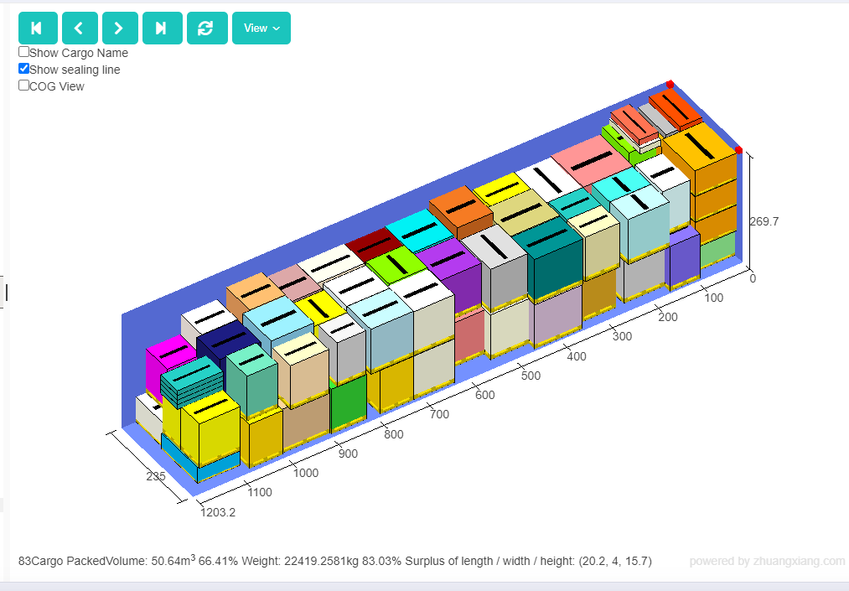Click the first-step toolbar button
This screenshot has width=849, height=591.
point(38,29)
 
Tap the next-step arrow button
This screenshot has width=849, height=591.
point(120,29)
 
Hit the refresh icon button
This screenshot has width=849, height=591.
point(207,29)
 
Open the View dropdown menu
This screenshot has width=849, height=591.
point(261,29)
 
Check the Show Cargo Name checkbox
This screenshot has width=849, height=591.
point(23,52)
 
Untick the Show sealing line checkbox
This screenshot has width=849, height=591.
point(23,69)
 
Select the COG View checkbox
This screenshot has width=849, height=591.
point(23,86)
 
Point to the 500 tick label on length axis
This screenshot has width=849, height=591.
point(531,376)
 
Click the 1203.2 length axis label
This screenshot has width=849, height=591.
point(218,512)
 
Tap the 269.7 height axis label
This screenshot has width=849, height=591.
point(764,221)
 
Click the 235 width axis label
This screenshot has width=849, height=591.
point(155,476)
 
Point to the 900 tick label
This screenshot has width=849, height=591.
point(348,454)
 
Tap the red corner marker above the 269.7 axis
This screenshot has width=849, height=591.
point(738,150)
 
